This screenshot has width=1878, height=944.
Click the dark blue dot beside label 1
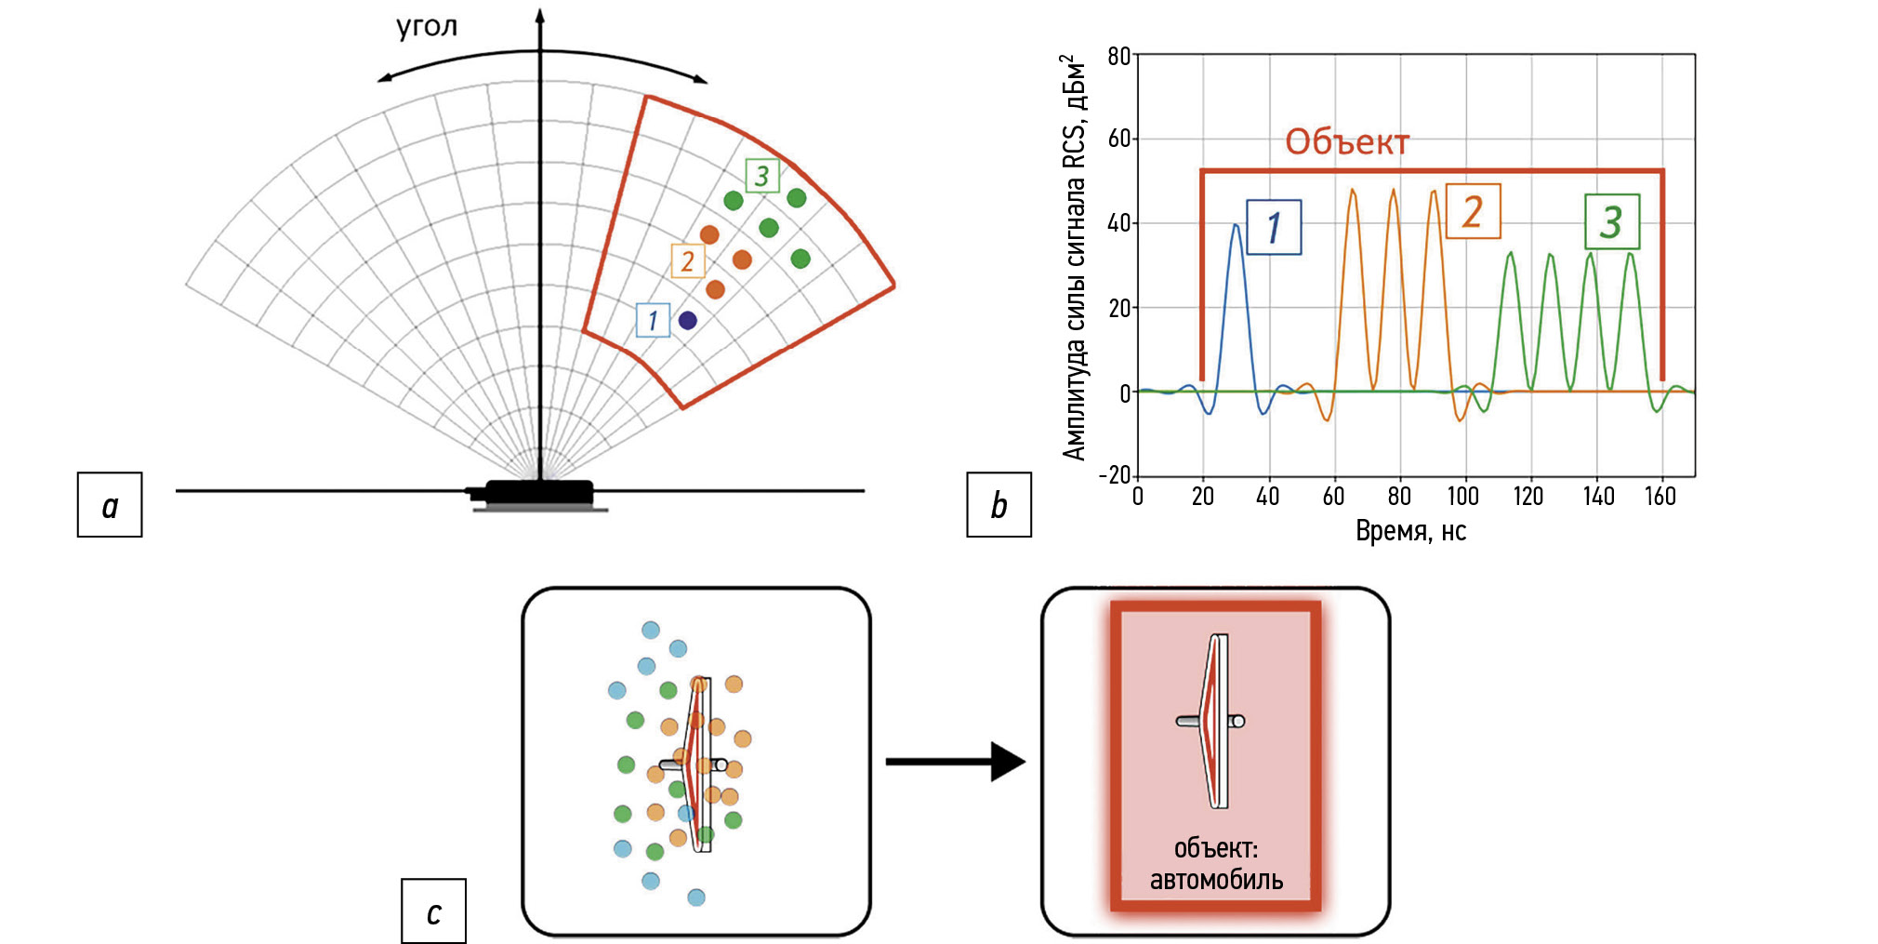pos(687,321)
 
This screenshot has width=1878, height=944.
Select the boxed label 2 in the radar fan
pos(688,261)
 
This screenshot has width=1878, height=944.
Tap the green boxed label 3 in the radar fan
pos(762,175)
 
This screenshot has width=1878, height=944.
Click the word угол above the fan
pos(427,26)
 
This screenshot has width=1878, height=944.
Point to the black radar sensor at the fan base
pos(539,493)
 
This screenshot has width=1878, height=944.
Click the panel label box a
pos(110,505)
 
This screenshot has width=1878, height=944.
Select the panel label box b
pos(999,505)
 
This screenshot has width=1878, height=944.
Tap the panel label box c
pos(433,911)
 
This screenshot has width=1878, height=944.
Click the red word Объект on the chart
pos(1347,142)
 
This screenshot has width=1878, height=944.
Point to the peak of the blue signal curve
pos(1236,224)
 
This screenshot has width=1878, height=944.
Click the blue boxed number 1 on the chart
pos(1274,227)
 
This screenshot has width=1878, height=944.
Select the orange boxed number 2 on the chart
pos(1473,212)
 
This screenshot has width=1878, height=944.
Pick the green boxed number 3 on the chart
pos(1612,221)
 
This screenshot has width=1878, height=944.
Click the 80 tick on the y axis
pos(1118,57)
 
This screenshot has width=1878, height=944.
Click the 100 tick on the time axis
pos(1463,497)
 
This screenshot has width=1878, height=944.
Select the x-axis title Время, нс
pos(1410,531)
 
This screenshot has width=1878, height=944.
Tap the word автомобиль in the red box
pos(1216,880)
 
